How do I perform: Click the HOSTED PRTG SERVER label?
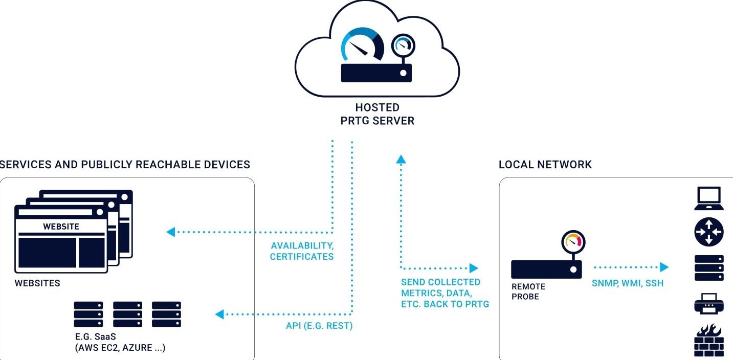coord(377,114)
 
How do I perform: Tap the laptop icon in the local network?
coord(708,198)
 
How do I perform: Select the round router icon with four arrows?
coord(708,232)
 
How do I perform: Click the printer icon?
coord(708,303)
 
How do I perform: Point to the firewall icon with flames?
coord(709,341)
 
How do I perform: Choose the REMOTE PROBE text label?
coord(528,291)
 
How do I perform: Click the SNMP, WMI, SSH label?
coord(627,283)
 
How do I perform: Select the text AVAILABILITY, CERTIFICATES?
coord(302,251)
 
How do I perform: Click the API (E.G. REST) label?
coord(319,325)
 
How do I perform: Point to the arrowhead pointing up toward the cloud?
coord(401,160)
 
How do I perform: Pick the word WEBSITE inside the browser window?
coord(61,227)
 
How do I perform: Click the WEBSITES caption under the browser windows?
coord(37,283)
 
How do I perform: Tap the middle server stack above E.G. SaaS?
coord(127,314)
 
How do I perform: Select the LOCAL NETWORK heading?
coord(545,165)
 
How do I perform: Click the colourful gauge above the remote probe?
coord(573,241)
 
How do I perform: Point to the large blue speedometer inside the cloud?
coord(363,46)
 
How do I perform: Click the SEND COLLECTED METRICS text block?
coord(445,293)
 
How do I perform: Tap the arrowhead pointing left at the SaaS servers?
coord(219,314)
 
